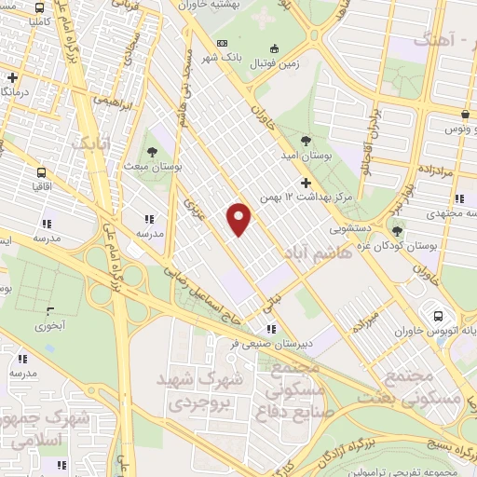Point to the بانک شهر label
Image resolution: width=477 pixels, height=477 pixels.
click(x=251, y=56)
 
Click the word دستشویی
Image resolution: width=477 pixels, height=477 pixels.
click(x=351, y=226)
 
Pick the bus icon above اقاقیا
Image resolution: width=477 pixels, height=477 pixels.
click(x=42, y=172)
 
